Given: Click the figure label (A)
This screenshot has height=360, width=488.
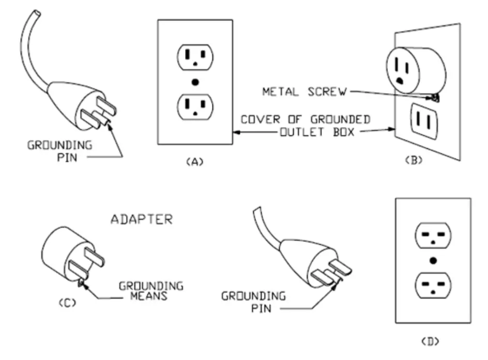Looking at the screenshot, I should coord(194,162).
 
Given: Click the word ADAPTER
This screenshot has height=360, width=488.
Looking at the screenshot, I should coord(142,220).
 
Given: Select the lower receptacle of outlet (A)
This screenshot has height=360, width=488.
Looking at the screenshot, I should coord(194,106).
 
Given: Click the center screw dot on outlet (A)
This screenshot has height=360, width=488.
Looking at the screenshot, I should coord(194,82).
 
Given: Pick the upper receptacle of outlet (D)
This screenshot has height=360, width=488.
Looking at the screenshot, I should coord(433,236).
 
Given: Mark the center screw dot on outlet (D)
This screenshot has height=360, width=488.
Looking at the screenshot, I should coord(433,260).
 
